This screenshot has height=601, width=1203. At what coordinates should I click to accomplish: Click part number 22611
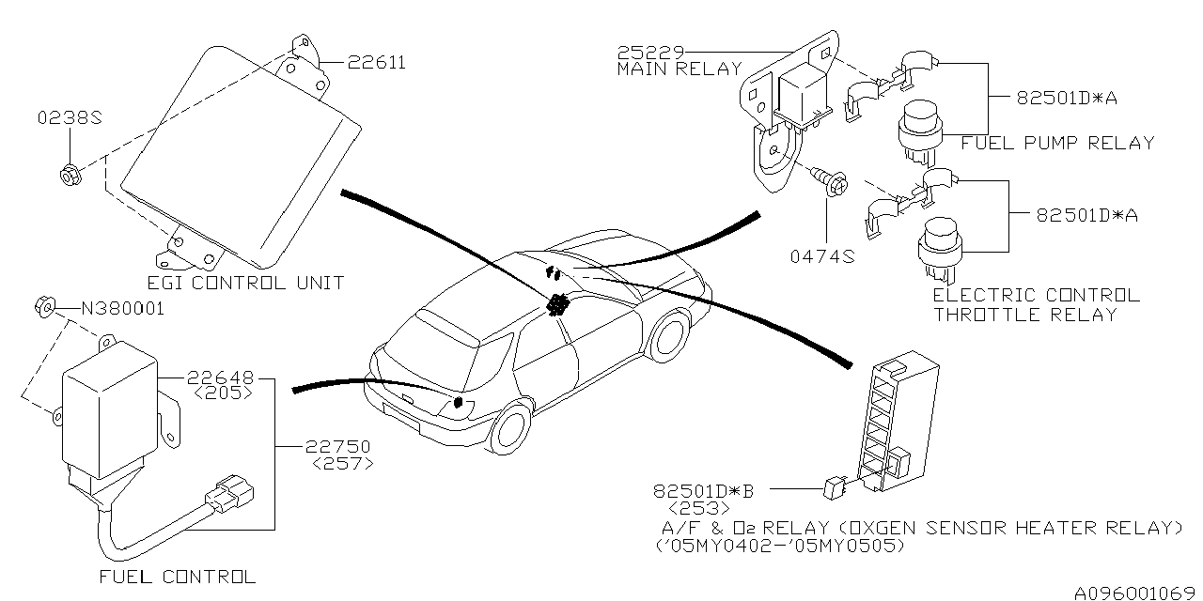tap(376, 64)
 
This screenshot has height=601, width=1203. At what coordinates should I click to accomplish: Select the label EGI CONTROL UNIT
tap(245, 283)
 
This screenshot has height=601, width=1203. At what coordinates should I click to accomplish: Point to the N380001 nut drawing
tap(44, 305)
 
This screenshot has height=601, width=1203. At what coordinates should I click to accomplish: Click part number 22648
tap(220, 378)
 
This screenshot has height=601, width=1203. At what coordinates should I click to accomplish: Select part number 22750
tap(336, 447)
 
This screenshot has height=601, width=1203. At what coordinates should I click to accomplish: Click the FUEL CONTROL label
tap(177, 577)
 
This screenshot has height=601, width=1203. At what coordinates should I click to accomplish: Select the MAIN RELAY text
tap(679, 69)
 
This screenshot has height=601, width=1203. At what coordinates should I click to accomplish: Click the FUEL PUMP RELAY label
tap(1056, 144)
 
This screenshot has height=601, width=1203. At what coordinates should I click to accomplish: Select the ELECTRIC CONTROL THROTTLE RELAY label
tap(1035, 305)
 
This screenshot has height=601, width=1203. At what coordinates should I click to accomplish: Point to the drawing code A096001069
tap(1136, 592)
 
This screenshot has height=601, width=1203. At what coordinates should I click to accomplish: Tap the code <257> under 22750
tap(341, 464)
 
